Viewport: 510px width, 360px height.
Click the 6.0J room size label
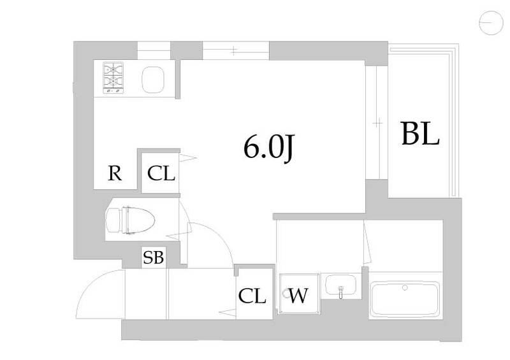268,148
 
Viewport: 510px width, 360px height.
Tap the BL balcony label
421,133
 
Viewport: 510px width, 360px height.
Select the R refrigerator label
115,173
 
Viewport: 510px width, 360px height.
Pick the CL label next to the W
252,296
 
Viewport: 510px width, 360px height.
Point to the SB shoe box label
154,257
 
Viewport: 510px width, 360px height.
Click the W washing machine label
298,296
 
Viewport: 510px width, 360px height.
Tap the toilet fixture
130,220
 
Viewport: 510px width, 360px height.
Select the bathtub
404,300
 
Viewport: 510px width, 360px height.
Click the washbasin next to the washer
340,285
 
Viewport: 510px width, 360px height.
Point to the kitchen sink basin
152,79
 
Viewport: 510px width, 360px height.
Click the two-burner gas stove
113,77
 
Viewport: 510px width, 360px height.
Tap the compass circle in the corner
491,22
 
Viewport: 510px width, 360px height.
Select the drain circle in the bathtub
405,287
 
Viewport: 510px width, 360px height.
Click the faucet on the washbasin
340,291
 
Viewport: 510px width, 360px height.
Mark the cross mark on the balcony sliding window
377,123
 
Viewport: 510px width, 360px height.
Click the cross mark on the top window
234,51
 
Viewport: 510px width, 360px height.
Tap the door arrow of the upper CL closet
187,158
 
